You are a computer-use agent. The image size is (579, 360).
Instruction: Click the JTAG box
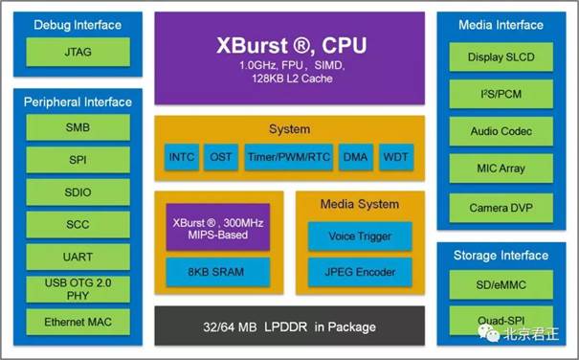click(x=78, y=52)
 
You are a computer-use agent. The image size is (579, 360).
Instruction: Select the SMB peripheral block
click(x=78, y=127)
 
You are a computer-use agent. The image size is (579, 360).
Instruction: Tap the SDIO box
click(x=78, y=191)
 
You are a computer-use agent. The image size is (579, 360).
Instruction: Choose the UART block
click(x=78, y=257)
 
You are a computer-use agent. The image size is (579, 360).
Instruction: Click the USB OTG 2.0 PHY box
click(x=78, y=289)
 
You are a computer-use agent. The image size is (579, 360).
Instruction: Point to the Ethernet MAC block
click(x=78, y=322)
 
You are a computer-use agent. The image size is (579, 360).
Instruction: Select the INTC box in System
click(x=182, y=157)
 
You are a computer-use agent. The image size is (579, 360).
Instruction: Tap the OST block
click(x=221, y=157)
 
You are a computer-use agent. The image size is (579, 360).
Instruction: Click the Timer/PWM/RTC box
click(x=289, y=157)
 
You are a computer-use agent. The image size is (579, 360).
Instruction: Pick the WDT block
click(x=396, y=157)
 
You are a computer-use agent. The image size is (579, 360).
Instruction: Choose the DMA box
click(x=356, y=157)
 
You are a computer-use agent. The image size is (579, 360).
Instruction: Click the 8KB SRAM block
click(x=218, y=272)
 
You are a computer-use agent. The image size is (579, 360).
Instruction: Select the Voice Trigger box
click(x=360, y=236)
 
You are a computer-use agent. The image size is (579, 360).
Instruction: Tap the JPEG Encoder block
click(x=360, y=272)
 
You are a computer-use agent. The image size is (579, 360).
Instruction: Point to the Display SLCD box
click(x=501, y=56)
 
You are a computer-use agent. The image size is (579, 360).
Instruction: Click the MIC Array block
click(x=501, y=169)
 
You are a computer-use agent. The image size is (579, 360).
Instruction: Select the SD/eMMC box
click(x=501, y=284)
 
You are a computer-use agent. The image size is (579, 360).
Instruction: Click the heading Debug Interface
click(x=78, y=25)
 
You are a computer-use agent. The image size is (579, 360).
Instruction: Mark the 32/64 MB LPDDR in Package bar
click(x=289, y=326)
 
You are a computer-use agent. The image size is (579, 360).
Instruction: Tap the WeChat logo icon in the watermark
click(x=488, y=333)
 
